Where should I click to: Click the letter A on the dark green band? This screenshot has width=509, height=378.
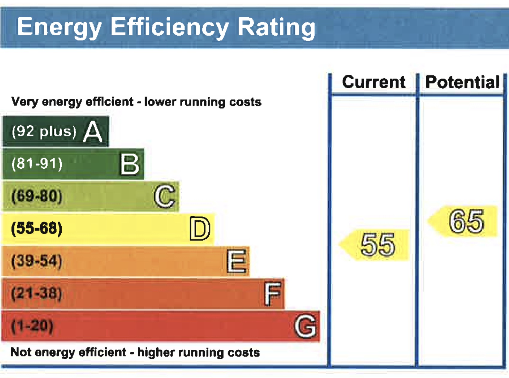[93, 132]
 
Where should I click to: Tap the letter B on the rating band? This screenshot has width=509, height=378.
[130, 164]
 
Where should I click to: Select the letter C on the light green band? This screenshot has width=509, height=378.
[165, 196]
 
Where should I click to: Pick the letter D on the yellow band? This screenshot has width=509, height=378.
[200, 228]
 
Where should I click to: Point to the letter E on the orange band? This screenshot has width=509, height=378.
[237, 261]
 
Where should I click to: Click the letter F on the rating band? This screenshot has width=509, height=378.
[273, 293]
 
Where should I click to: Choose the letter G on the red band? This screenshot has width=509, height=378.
[305, 326]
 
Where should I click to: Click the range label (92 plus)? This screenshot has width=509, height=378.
[44, 131]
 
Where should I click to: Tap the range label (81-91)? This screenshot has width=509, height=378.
[37, 164]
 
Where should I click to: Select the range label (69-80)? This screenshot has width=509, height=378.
[37, 196]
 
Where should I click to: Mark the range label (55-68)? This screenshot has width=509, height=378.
[37, 228]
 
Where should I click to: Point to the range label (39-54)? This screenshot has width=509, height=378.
[37, 261]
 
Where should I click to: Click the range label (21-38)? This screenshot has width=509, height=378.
[37, 293]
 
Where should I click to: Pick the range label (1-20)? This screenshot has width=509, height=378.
[32, 325]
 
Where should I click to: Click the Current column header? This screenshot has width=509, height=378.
[374, 82]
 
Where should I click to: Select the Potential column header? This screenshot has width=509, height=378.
[462, 82]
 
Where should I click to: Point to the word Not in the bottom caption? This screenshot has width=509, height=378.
[21, 352]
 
